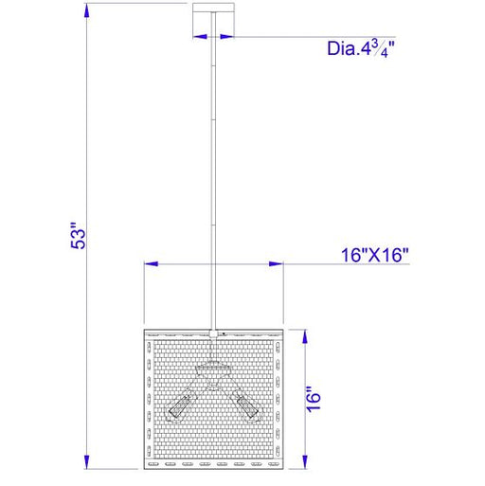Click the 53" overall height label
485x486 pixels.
78,236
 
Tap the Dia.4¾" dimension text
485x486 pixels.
361,49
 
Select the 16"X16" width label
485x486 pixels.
375,255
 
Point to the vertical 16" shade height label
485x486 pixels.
314,399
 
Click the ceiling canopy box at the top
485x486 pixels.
213,21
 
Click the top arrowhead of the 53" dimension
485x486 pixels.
87,11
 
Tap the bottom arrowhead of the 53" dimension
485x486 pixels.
87,461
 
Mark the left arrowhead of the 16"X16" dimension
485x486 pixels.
152,263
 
